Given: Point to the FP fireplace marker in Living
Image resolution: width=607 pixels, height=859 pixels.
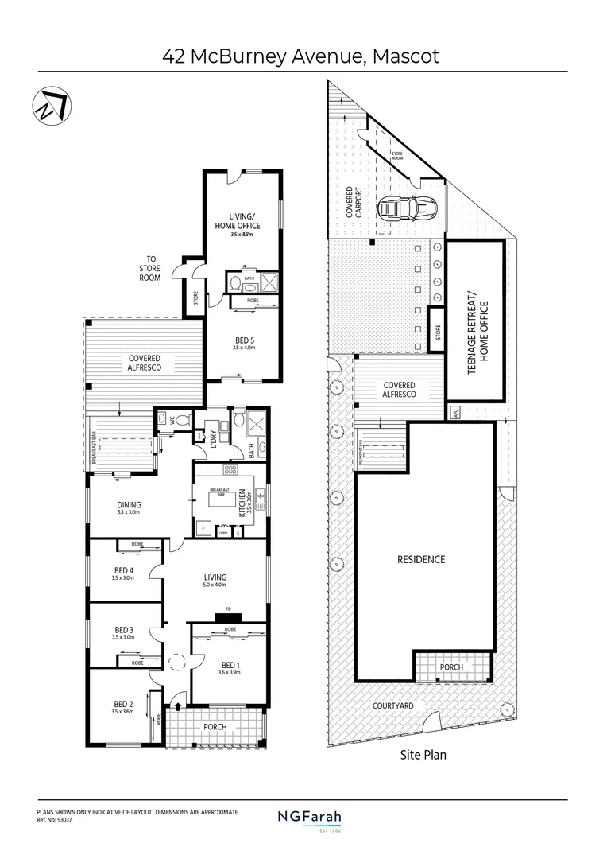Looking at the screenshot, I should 228,610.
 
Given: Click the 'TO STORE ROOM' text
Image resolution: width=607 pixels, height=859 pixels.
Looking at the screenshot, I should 150,268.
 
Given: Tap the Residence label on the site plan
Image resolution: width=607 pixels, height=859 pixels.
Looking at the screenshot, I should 421,559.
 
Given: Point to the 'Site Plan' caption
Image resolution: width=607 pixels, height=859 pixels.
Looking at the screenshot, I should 422,755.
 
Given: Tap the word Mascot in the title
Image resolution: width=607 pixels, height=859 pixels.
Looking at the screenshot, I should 400,56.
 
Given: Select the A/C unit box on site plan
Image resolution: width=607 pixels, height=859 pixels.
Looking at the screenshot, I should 455,411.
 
